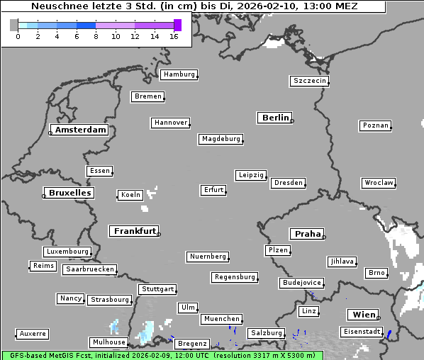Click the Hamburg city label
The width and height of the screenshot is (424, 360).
click(x=179, y=74)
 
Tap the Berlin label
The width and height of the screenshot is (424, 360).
click(x=275, y=118)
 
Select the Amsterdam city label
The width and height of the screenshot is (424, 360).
click(x=80, y=130)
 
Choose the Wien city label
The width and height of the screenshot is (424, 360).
click(x=363, y=315)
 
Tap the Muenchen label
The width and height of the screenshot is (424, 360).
click(x=222, y=319)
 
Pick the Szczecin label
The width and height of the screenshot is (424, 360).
click(x=310, y=81)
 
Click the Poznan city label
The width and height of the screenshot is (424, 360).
click(x=375, y=125)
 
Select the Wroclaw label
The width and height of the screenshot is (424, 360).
click(x=379, y=183)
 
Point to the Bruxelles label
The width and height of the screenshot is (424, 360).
click(x=69, y=193)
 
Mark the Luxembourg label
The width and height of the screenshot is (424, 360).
click(x=67, y=252)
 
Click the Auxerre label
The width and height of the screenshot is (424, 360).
click(x=33, y=333)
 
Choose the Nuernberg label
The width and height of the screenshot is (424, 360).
click(x=208, y=257)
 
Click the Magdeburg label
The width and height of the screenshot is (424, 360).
click(x=221, y=139)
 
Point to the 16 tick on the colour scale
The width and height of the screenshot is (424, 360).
click(x=174, y=36)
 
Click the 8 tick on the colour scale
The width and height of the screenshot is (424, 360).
click(x=96, y=36)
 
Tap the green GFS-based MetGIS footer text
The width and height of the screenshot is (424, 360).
click(x=162, y=356)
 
